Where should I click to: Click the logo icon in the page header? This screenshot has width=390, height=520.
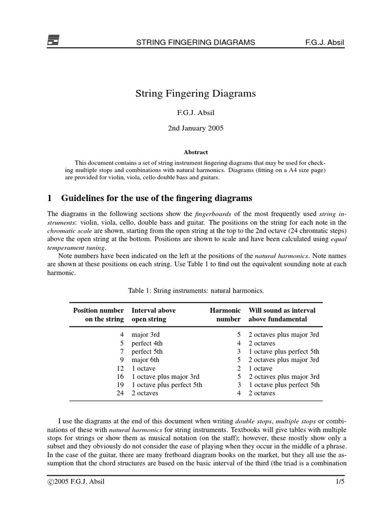[x=53, y=40]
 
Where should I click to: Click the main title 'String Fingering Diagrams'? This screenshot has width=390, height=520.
[x=195, y=93]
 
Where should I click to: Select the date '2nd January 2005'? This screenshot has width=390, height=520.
[x=195, y=128]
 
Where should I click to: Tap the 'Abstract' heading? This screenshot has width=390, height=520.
[x=195, y=152]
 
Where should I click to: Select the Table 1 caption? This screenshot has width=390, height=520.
[x=195, y=290]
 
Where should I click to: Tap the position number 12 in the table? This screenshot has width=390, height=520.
[x=120, y=368]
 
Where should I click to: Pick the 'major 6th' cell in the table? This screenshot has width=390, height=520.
[x=147, y=360]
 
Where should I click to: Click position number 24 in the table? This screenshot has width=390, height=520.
[x=120, y=393]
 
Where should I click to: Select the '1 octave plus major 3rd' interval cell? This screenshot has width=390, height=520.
[x=166, y=376]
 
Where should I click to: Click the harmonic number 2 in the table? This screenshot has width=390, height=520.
[x=238, y=368]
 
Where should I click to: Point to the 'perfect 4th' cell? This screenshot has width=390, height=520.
[x=149, y=343]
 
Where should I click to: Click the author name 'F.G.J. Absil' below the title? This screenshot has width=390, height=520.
[x=195, y=111]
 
